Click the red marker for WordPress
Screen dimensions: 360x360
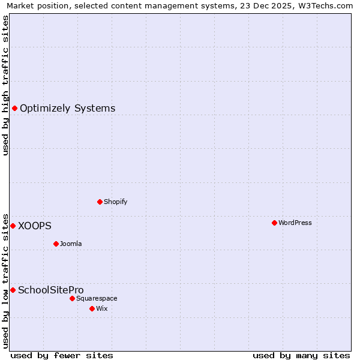[274, 223]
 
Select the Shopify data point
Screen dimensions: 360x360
[100, 202]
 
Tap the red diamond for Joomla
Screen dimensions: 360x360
[56, 244]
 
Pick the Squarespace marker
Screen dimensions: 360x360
[72, 298]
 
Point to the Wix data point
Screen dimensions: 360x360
[92, 308]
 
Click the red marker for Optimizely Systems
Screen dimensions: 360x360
[14, 108]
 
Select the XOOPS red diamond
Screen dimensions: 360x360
[13, 226]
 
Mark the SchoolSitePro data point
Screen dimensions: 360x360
[13, 290]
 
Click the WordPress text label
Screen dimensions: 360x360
[295, 223]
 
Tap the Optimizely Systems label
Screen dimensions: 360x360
[67, 109]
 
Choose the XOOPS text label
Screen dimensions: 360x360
[35, 226]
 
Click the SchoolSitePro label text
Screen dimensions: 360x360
[50, 290]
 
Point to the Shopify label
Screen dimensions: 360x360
[115, 202]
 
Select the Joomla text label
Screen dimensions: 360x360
[71, 244]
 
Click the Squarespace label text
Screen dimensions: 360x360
[97, 298]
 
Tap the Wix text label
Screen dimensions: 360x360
[101, 308]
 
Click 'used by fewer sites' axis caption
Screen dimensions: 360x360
[62, 355]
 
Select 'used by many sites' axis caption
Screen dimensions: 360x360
[301, 355]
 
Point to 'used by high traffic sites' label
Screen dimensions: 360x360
[6, 85]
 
